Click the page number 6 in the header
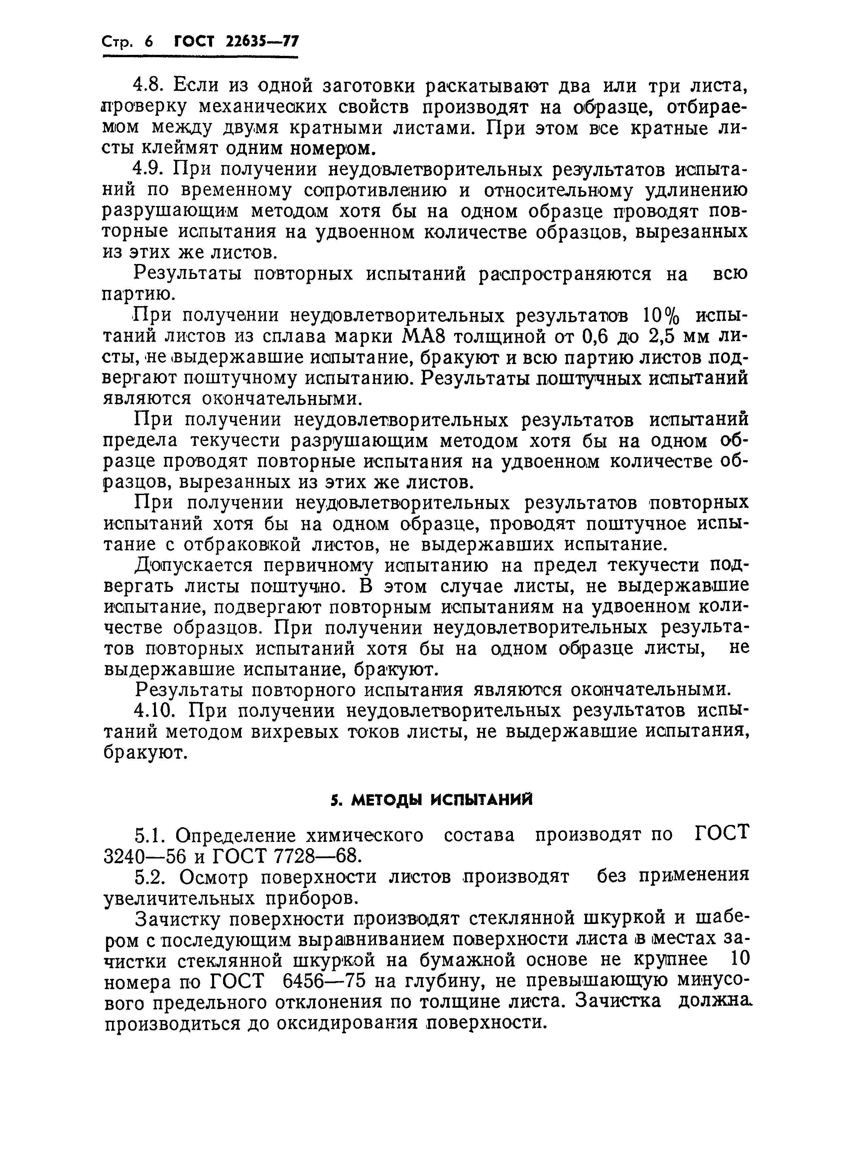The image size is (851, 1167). (149, 42)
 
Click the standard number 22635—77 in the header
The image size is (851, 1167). (262, 41)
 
